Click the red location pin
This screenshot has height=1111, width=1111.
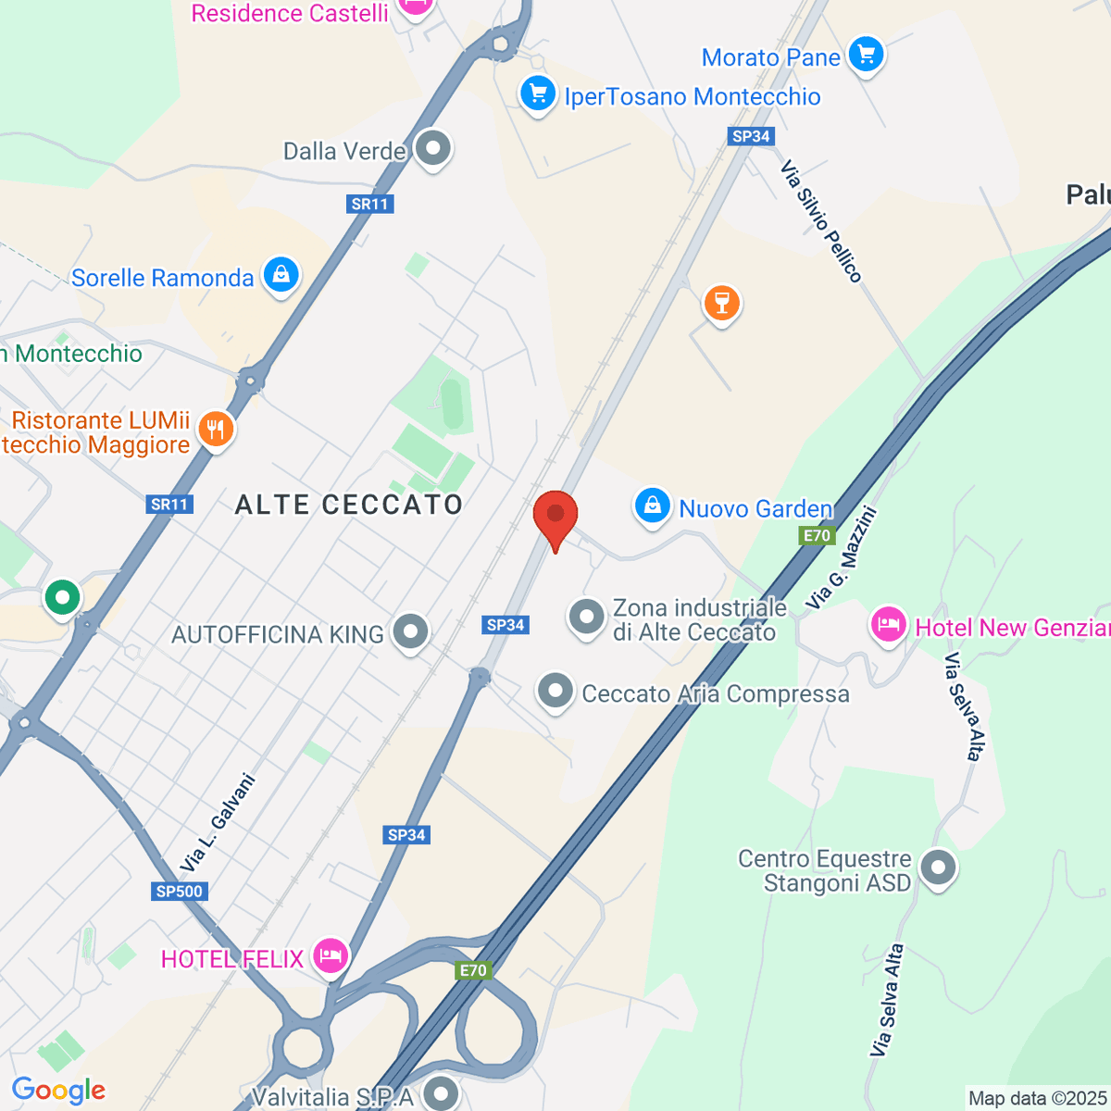(x=555, y=516)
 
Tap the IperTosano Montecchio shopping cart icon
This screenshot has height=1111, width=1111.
(x=537, y=94)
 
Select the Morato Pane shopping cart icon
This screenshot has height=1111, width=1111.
(x=866, y=55)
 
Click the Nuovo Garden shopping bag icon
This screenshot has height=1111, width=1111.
(x=653, y=506)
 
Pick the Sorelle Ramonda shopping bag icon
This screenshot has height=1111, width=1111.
(x=281, y=275)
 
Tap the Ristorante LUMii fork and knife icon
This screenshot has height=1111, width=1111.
(x=216, y=430)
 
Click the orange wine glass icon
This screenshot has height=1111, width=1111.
(x=721, y=303)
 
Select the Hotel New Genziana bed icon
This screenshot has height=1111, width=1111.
(x=888, y=625)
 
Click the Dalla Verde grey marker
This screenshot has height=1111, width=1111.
(x=432, y=148)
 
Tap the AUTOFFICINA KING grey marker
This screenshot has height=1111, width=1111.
(x=410, y=632)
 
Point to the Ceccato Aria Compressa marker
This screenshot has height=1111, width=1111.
(x=555, y=691)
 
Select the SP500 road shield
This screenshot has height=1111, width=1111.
(x=180, y=892)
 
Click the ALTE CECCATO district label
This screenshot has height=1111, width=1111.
(x=349, y=505)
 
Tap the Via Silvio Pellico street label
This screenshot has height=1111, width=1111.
(x=821, y=221)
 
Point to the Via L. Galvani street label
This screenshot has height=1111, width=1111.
(x=218, y=822)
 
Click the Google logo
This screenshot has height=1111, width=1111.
(x=58, y=1091)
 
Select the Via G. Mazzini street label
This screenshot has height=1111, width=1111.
(x=841, y=557)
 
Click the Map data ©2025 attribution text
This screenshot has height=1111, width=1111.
(x=1037, y=1099)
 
